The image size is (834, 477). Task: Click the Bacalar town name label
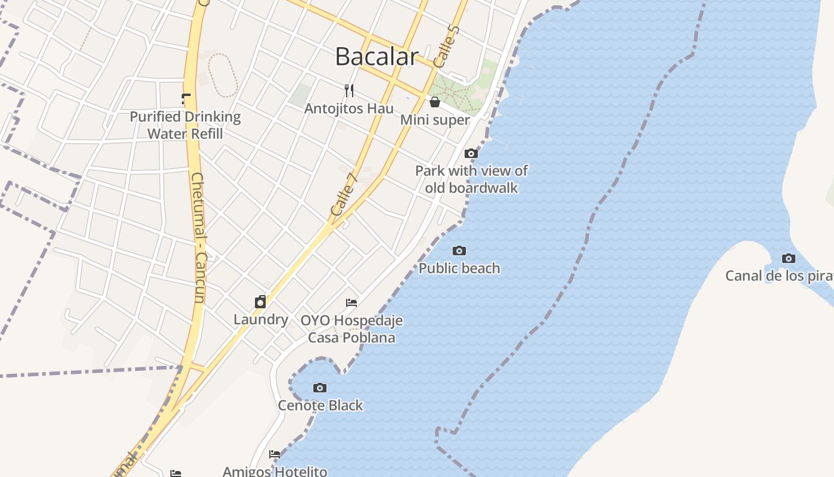376,57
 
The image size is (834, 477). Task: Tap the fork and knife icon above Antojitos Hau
349,91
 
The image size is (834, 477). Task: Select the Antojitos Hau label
349,109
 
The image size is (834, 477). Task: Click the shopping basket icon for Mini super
435,102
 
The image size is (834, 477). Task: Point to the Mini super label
435,120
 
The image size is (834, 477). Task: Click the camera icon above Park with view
471,153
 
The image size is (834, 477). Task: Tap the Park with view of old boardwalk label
471,179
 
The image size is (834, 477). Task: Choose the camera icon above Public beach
459,250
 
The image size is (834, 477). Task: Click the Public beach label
459,268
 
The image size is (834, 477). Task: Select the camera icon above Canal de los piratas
789,258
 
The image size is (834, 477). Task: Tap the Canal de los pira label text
779,276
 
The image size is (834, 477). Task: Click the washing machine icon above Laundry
260,302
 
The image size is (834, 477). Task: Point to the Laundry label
261,320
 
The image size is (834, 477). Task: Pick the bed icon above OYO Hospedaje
351,303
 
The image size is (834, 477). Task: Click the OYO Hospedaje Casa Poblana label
351,329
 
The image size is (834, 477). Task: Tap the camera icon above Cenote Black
320,388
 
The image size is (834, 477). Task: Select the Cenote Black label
320,405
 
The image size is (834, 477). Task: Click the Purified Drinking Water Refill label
185,125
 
